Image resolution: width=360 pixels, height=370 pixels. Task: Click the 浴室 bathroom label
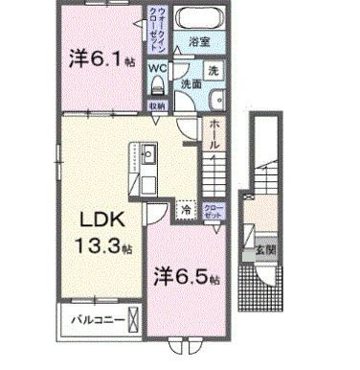click(x=198, y=43)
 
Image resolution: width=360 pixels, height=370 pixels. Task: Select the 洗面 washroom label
click(x=191, y=84)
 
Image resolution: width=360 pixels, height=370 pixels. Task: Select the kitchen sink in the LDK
click(x=148, y=152)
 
